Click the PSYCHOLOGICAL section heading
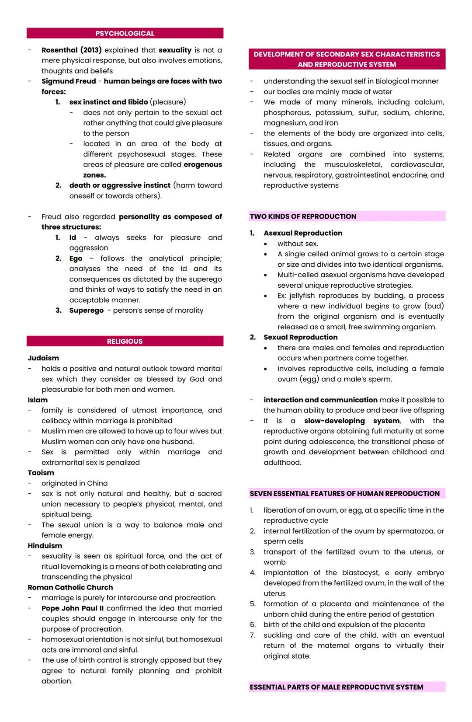point(125,34)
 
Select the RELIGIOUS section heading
point(125,342)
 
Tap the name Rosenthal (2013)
point(71,50)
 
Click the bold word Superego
point(86,310)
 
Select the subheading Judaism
point(43,358)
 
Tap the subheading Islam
point(38,400)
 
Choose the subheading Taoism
point(41,473)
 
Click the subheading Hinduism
point(45,546)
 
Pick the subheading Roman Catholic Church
point(70,588)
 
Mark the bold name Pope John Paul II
point(73,608)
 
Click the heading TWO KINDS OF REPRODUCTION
point(303,216)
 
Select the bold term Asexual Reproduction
point(303,233)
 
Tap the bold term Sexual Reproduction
point(300,337)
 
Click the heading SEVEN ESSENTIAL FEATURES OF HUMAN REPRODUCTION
point(344,494)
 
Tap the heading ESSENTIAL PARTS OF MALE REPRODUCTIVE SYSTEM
point(336,687)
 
